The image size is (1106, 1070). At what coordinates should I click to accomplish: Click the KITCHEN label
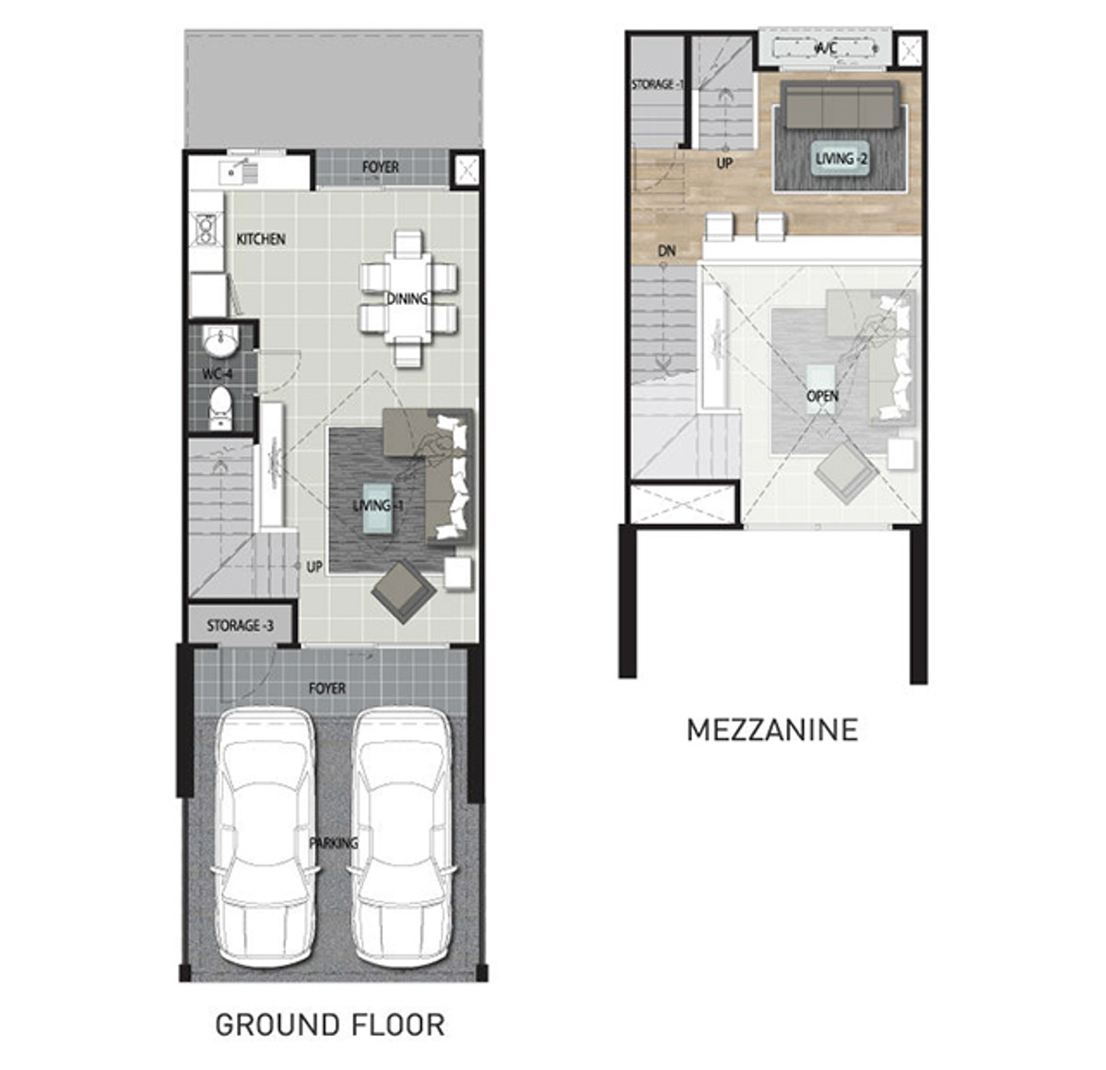[x=260, y=240]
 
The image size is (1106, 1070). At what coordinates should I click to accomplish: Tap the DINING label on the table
[x=407, y=299]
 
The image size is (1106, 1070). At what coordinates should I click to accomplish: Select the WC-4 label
[x=218, y=374]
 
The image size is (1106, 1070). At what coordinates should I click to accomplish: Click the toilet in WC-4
[x=219, y=406]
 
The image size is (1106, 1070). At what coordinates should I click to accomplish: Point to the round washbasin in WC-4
[x=220, y=342]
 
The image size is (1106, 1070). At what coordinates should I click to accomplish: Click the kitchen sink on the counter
[x=233, y=170]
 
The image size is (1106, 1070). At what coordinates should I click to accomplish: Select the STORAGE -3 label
[x=240, y=626]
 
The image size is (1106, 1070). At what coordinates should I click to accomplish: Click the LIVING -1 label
[x=378, y=505]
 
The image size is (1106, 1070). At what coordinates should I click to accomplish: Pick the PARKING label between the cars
[x=334, y=843]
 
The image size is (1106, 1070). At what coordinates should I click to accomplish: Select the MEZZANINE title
[x=772, y=730]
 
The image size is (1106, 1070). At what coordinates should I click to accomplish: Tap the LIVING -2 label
[x=841, y=159]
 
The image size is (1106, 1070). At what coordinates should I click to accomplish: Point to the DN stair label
[x=666, y=251]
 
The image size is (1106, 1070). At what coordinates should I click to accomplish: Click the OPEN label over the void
[x=822, y=396]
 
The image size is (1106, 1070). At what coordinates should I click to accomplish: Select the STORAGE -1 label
[x=658, y=84]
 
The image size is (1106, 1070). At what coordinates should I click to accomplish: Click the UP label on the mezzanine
[x=724, y=163]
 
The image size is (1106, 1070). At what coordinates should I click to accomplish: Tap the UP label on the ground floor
[x=314, y=567]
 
